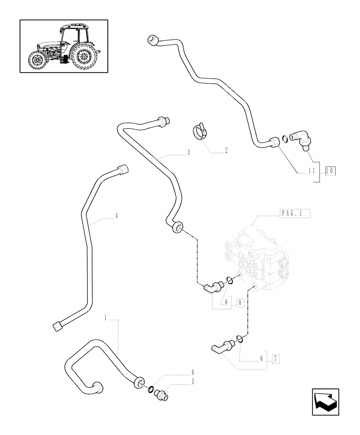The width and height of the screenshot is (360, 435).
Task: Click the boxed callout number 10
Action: click(330, 171)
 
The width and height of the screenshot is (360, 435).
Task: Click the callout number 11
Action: click(311, 171)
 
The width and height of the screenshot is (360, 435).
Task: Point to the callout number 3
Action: click(188, 153)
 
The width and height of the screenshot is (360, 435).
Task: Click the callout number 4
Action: click(117, 215)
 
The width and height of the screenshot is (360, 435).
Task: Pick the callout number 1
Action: click(105, 318)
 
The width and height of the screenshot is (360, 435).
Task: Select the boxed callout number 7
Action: click(275, 358)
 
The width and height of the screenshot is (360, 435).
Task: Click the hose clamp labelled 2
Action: click(200, 131)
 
